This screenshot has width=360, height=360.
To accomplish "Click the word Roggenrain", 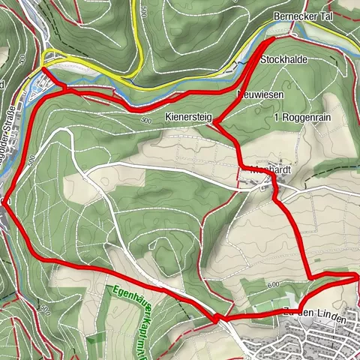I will (310, 118).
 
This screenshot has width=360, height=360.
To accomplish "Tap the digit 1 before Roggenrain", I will (277, 118).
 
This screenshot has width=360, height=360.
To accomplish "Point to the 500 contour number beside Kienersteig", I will (145, 120).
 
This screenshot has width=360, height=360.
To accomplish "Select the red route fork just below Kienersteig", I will (218, 125).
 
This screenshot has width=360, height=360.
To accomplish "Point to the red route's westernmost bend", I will (4, 201).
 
